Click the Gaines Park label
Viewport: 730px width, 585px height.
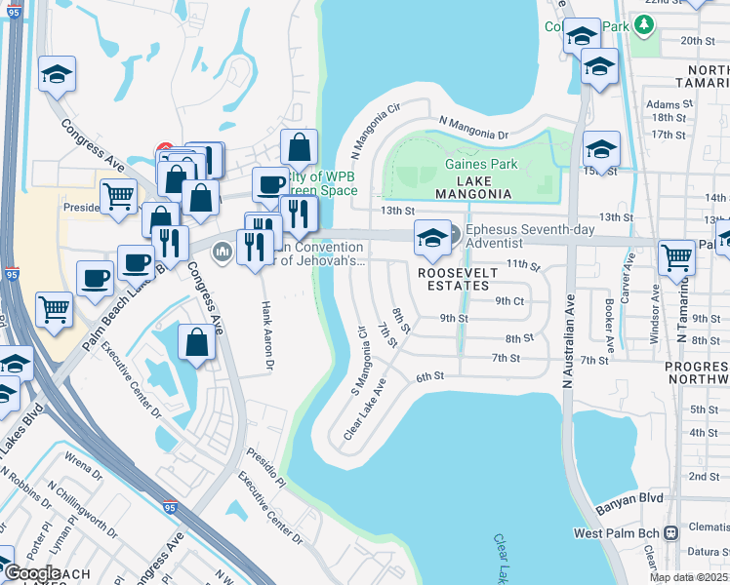[481, 164]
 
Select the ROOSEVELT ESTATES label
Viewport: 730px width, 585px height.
[454, 280]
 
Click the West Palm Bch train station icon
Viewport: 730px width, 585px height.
[670, 533]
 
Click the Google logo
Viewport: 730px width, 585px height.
[32, 573]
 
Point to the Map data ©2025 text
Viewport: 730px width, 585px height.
[688, 577]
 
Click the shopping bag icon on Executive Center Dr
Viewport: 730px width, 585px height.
[196, 342]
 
